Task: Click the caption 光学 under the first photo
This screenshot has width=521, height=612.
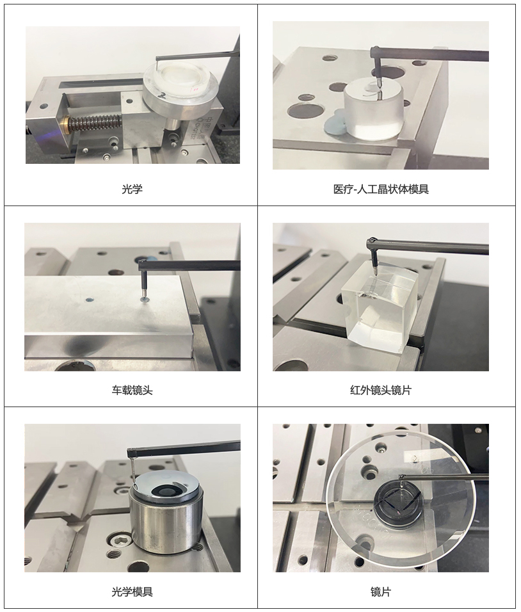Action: coord(132,189)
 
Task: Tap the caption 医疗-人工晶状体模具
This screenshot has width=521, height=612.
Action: coord(381,189)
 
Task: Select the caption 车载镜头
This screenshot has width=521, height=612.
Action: coord(132,391)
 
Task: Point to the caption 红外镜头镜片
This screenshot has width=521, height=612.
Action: coord(381,391)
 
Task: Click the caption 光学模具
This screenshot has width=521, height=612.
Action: coord(132,592)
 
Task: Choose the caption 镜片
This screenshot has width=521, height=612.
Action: coord(381,592)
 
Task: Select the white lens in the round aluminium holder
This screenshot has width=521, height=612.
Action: coord(179,77)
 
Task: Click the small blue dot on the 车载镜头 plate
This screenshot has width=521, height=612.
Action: coord(90,300)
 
